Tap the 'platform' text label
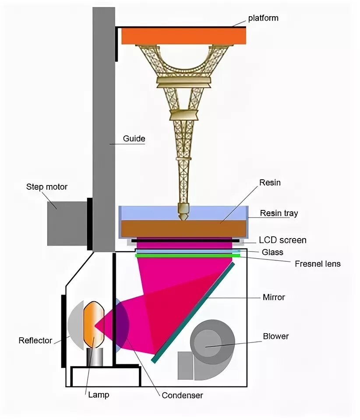pyautogui.click(x=263, y=18)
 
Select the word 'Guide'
pyautogui.click(x=134, y=139)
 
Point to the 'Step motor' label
pyautogui.click(x=47, y=187)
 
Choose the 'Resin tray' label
pyautogui.click(x=279, y=214)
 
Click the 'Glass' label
pyautogui.click(x=272, y=252)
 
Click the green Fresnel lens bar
pyautogui.click(x=187, y=255)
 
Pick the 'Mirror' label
pyautogui.click(x=274, y=297)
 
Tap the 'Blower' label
pyautogui.click(x=276, y=336)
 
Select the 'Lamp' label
pyautogui.click(x=99, y=395)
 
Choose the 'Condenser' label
pyautogui.click(x=182, y=395)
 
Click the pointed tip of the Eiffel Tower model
pyautogui.click(x=183, y=217)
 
